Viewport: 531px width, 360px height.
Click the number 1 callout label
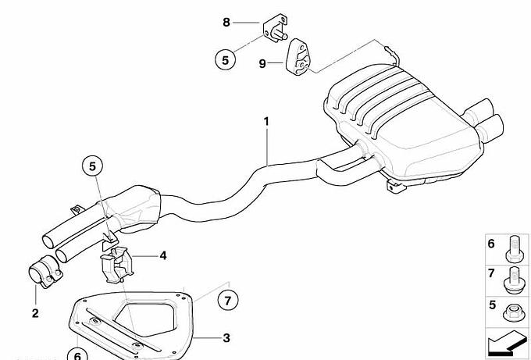[266, 122]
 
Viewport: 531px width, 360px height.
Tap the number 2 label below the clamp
[35, 313]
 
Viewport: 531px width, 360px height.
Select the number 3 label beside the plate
[226, 337]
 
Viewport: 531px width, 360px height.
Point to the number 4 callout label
[163, 255]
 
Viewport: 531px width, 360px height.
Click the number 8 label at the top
[226, 23]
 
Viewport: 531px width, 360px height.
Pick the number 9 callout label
[262, 63]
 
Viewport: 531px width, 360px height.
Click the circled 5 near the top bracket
[225, 60]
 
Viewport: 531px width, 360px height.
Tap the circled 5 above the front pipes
[92, 166]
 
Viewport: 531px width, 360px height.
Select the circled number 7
[227, 301]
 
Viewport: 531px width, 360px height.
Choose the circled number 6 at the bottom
[77, 354]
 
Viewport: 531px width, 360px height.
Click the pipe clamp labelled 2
[45, 272]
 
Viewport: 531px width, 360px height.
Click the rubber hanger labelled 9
[298, 56]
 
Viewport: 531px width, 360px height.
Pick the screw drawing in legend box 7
[514, 280]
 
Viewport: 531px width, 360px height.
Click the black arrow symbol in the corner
[508, 343]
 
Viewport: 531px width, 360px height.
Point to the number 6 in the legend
[491, 244]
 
